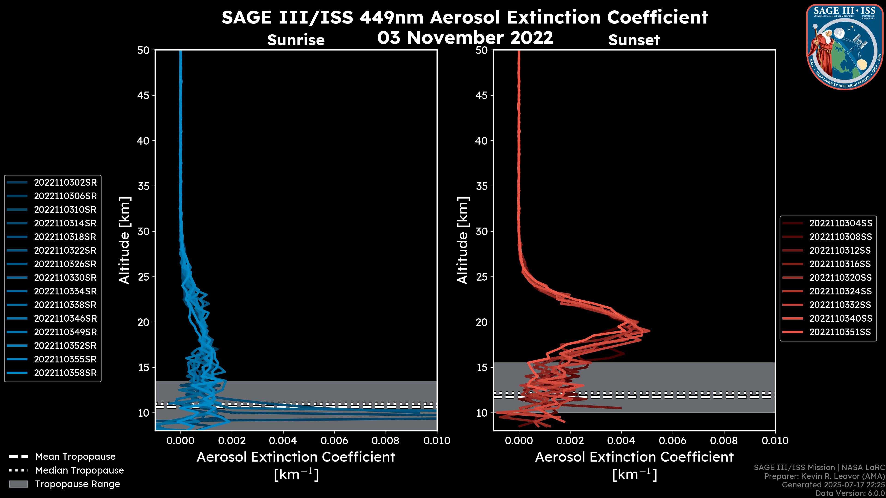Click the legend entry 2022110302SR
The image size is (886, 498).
(x=65, y=183)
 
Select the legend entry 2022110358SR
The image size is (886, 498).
(x=65, y=373)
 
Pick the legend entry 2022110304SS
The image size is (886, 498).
(x=841, y=223)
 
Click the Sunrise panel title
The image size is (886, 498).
(x=296, y=40)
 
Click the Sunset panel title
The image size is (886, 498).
(x=634, y=40)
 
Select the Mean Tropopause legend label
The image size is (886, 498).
(x=75, y=457)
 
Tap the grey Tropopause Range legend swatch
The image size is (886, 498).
(x=18, y=484)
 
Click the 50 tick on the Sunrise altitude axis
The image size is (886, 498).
(x=144, y=50)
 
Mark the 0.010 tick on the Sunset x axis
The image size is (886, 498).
(x=775, y=441)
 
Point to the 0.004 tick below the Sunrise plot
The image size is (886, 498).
(x=283, y=441)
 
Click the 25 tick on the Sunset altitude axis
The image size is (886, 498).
(x=482, y=277)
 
